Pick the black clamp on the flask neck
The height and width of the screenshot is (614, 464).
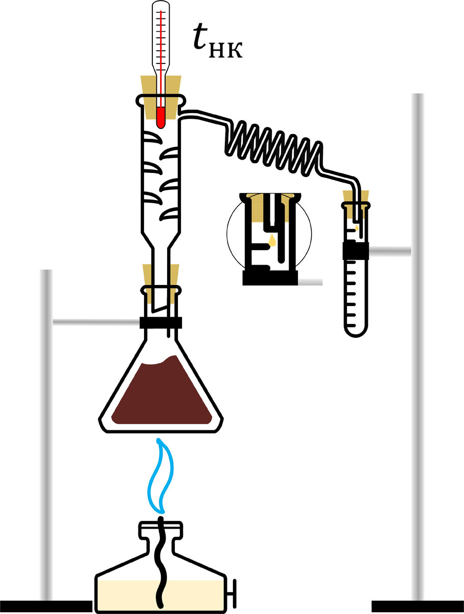160,323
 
